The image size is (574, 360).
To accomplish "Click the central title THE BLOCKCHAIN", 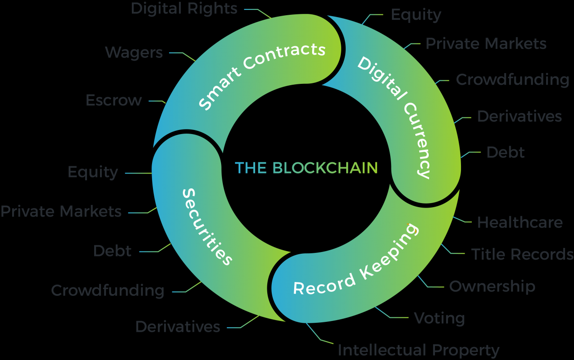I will coord(306,168).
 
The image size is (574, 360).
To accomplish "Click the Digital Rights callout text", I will coord(184,9).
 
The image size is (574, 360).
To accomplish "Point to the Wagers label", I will coord(134,52).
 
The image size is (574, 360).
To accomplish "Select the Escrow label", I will coord(113,100).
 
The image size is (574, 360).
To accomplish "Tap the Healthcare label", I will coord(520,222).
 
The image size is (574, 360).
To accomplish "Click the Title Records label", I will coord(522,255).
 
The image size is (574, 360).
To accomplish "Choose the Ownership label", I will coord(492,286).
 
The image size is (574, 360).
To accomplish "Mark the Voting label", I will coord(439,318).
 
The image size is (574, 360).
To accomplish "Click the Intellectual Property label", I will coord(418,350).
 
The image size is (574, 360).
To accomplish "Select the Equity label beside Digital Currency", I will coord(416,15).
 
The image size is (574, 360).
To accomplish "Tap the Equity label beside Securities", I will coord(92,172).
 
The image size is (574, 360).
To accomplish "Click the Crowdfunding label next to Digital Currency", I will coord(512,80).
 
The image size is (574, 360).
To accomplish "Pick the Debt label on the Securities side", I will coord(112,251).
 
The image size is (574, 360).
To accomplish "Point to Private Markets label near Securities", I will coord(61,212).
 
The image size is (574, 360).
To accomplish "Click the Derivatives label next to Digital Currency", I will coord(519,117).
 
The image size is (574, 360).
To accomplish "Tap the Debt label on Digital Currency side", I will coord(505,152).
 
